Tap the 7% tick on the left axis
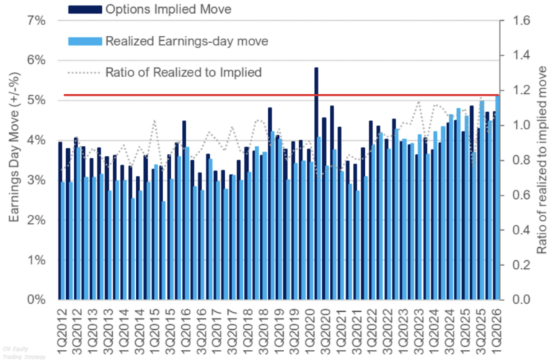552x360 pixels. (36, 22)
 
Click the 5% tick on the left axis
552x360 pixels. (36, 101)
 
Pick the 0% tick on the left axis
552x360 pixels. (36, 300)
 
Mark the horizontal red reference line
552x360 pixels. (287, 95)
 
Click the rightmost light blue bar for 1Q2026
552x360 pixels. (498, 201)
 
